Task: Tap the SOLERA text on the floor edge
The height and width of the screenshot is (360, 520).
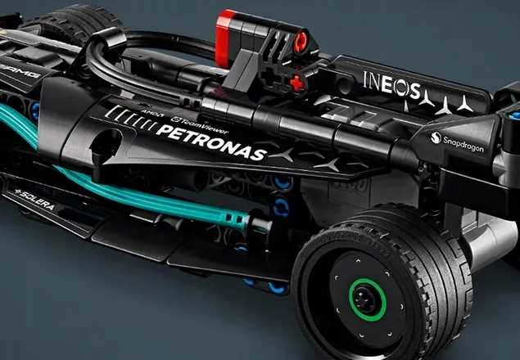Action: tap(34, 200)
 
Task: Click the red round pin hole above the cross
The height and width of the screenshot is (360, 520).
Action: tap(301, 39)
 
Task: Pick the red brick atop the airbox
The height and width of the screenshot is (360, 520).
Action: tap(238, 25)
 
